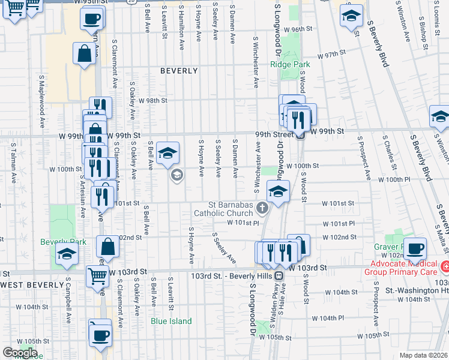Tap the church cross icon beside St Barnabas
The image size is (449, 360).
[262, 208]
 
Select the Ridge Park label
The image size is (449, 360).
[289, 64]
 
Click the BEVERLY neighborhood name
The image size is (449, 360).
[179, 71]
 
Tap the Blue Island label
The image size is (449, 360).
[171, 321]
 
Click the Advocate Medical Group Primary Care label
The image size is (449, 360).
[400, 268]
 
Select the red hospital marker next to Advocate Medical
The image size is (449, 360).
[445, 266]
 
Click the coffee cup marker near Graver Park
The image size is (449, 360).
[414, 247]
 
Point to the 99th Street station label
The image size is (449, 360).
[274, 134]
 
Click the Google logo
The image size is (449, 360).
[20, 353]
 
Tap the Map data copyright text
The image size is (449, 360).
[424, 355]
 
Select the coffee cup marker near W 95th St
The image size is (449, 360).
[91, 19]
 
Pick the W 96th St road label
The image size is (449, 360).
[298, 29]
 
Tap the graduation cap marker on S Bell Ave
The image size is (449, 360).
[167, 153]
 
